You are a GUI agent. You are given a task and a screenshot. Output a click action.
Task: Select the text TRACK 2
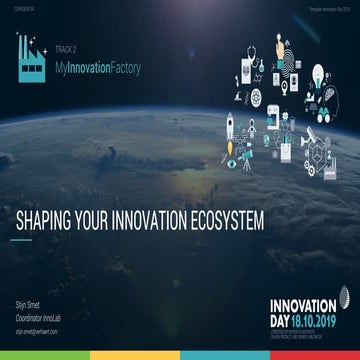tap(66, 45)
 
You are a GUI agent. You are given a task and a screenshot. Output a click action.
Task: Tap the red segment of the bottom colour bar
tap(45, 355)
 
